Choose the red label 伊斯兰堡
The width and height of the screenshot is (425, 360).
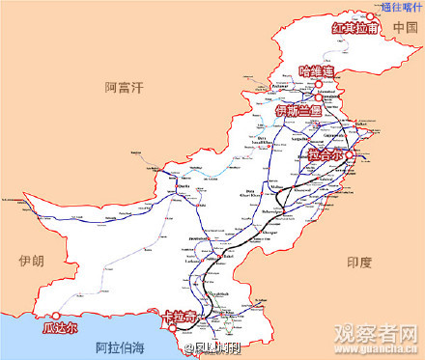[303, 111]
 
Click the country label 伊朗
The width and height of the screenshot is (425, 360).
[30, 262]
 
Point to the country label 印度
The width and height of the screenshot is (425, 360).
[359, 262]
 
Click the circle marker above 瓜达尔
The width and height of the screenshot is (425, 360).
[58, 315]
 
